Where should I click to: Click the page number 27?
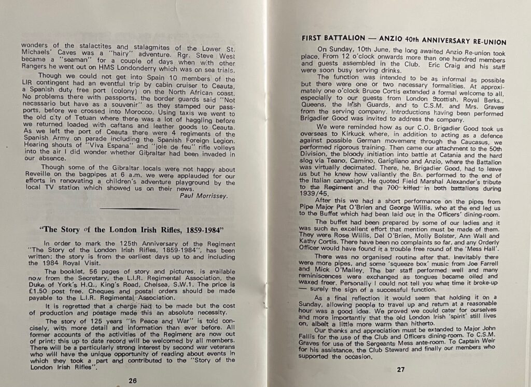(400, 369)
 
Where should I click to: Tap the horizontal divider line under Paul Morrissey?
(139, 209)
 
